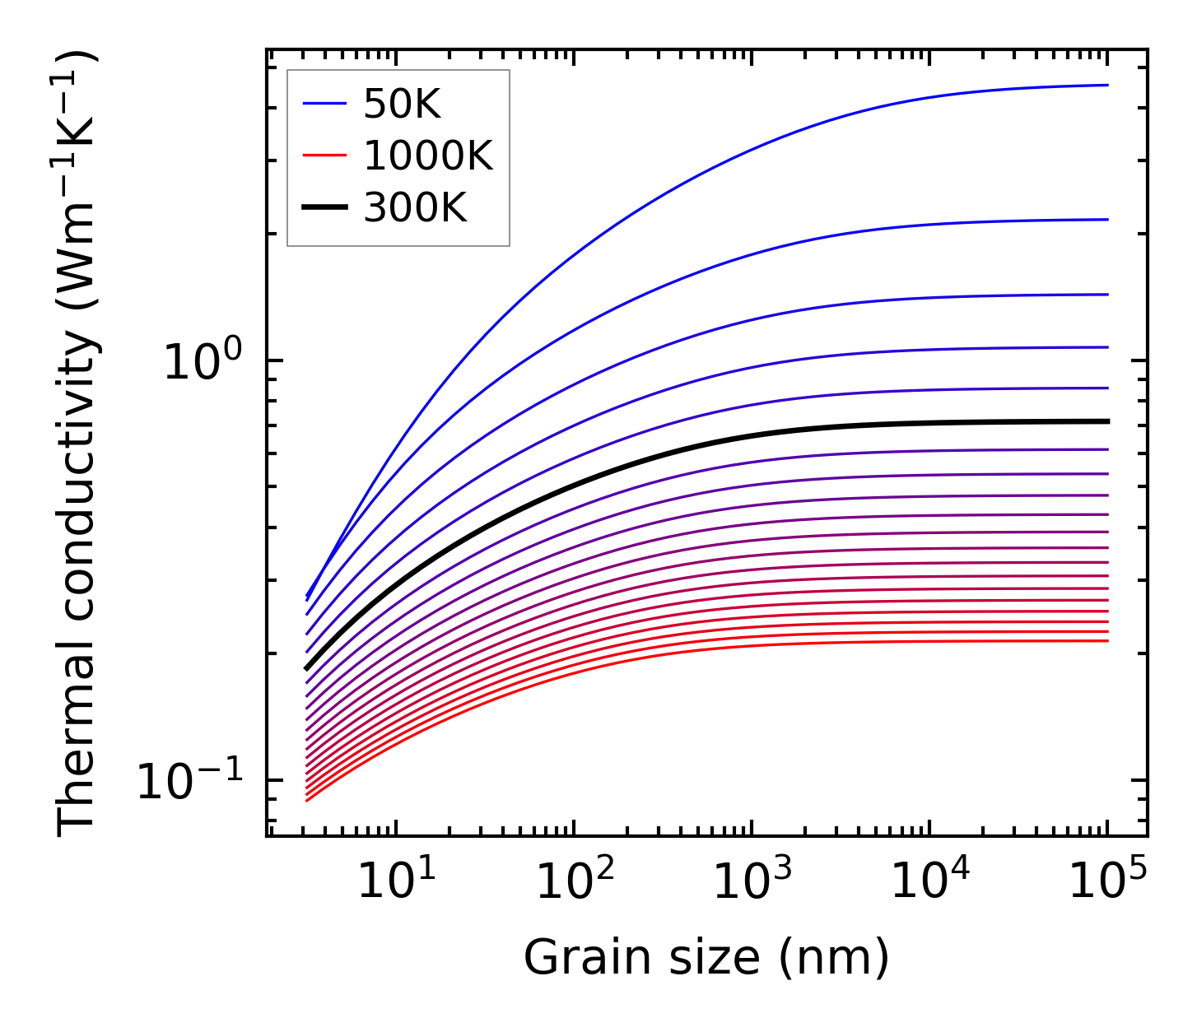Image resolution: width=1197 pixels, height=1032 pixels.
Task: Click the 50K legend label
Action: pyautogui.click(x=403, y=104)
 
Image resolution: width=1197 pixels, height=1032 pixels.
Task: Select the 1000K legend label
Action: pyautogui.click(x=428, y=156)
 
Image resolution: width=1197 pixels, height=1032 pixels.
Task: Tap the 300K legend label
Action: pyautogui.click(x=415, y=208)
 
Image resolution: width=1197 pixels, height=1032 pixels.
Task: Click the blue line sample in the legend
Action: pyautogui.click(x=326, y=104)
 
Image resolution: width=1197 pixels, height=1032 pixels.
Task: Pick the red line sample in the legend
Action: pyautogui.click(x=326, y=156)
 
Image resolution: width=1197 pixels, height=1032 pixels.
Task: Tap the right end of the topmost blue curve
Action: pyautogui.click(x=1106, y=85)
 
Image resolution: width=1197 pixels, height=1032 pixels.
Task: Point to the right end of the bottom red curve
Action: pyautogui.click(x=1106, y=640)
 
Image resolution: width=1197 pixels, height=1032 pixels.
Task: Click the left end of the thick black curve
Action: pyautogui.click(x=307, y=668)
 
